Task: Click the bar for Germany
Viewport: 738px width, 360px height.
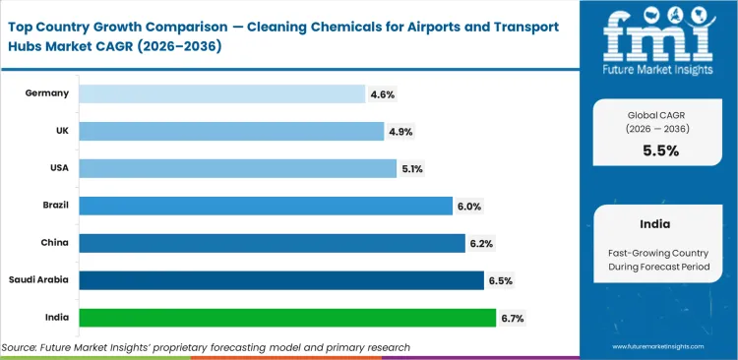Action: (221, 93)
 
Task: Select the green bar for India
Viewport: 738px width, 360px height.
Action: (287, 318)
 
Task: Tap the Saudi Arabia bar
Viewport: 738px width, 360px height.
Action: (280, 280)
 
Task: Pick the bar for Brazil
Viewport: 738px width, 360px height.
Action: (265, 206)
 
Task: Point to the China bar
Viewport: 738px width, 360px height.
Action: (272, 243)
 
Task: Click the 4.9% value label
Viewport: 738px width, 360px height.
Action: (400, 131)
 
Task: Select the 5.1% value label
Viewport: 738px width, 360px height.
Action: (412, 168)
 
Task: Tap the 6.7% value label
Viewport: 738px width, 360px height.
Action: (512, 318)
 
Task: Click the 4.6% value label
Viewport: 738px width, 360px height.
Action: (382, 93)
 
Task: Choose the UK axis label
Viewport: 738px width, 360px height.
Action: (61, 131)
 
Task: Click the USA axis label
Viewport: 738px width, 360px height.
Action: (58, 168)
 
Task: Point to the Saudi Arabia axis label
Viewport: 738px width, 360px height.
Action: (39, 280)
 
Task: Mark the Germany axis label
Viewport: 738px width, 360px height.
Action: (48, 93)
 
